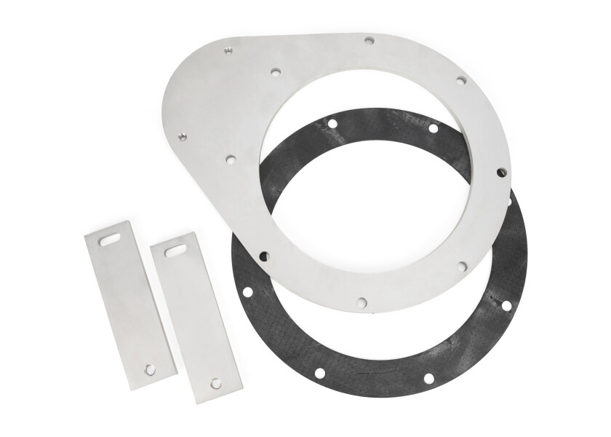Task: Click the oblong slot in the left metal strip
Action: (110, 238)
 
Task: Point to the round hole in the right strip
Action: (216, 382)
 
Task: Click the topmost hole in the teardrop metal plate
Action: (370, 42)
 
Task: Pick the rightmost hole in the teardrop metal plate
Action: (501, 173)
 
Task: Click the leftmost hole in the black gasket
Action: (247, 292)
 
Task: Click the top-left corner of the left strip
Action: (86, 235)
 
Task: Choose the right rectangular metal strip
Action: (195, 317)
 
